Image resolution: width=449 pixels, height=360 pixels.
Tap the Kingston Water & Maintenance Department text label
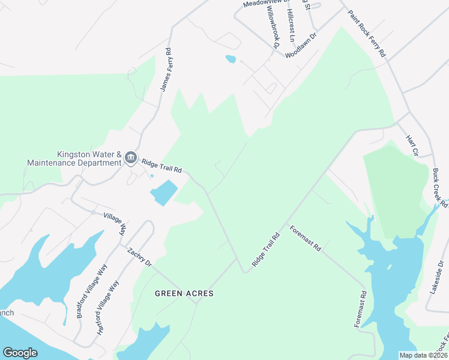click(x=74, y=158)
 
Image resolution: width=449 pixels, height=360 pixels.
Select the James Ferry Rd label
click(x=166, y=70)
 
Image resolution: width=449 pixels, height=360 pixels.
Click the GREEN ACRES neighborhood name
click(x=184, y=293)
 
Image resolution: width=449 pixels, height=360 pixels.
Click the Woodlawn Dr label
click(x=300, y=45)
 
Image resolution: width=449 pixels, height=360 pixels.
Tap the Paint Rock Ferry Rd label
click(x=367, y=33)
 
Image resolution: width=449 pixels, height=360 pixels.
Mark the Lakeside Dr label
click(x=436, y=276)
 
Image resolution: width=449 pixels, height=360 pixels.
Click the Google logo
click(x=20, y=353)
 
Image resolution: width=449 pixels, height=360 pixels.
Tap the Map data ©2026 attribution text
click(x=423, y=355)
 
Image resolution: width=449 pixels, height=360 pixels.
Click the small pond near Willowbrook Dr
click(x=231, y=59)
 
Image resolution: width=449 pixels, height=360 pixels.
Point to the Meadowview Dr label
click(x=266, y=4)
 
